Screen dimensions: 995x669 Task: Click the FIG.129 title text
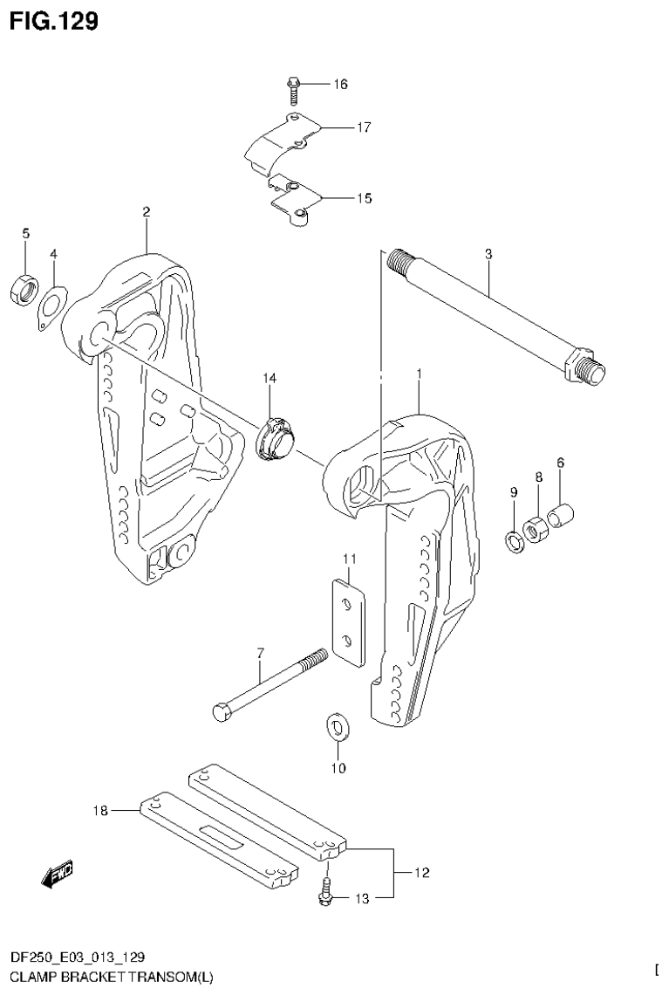pos(52,21)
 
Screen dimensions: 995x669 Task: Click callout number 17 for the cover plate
pos(364,127)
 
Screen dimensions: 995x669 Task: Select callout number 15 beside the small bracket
pos(364,198)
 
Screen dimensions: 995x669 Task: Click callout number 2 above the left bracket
pos(147,212)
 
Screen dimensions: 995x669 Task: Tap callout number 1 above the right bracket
pos(420,374)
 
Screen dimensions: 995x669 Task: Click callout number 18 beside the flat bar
pos(102,812)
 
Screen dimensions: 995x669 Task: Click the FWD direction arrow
pos(58,873)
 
